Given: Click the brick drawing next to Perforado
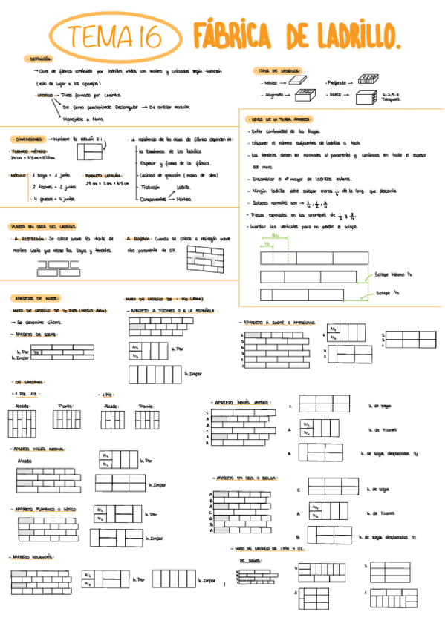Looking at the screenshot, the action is (369, 80).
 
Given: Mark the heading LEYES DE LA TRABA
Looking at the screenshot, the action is (280, 119).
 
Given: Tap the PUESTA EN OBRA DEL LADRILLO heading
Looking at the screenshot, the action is (42, 226).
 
